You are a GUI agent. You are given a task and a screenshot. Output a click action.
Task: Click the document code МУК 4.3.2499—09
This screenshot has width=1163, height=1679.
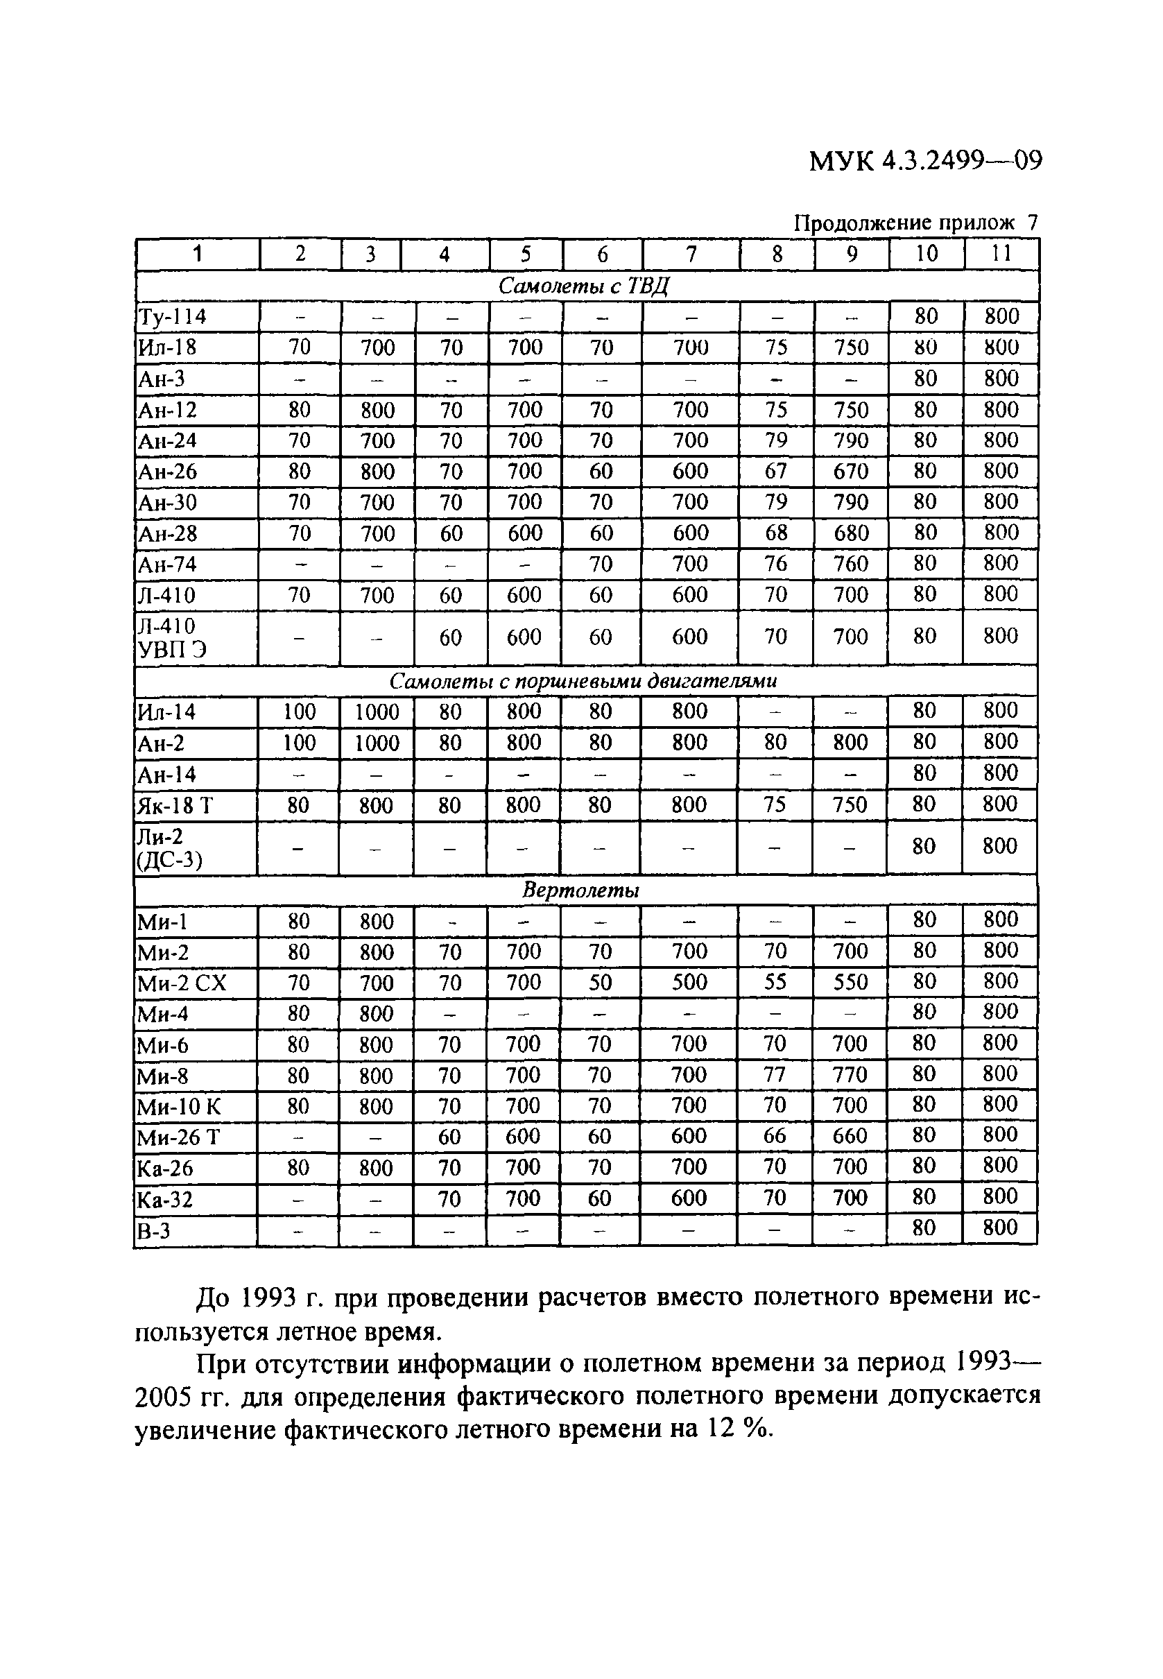pyautogui.click(x=924, y=160)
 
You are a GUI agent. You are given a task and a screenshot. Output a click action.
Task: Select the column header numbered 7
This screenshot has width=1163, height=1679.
pyautogui.click(x=691, y=255)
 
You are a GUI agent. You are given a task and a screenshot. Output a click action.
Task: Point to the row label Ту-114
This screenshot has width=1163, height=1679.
pyautogui.click(x=172, y=317)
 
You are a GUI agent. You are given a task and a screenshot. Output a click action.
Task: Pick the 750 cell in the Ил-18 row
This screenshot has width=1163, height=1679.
pyautogui.click(x=851, y=347)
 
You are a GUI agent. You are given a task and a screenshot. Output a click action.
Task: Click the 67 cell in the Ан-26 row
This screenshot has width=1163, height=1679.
pyautogui.click(x=775, y=472)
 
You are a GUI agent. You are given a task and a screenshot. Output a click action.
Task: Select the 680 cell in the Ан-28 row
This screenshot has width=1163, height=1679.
pyautogui.click(x=850, y=533)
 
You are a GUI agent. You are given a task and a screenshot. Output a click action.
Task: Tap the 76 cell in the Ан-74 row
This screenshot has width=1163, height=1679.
pyautogui.click(x=775, y=565)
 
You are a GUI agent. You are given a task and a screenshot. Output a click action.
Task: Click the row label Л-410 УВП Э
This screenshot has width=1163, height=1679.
pyautogui.click(x=172, y=637)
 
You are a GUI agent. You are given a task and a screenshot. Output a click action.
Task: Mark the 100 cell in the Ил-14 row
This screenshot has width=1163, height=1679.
pyautogui.click(x=299, y=712)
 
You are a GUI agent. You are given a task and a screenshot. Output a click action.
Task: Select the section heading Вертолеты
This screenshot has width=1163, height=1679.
pyautogui.click(x=580, y=890)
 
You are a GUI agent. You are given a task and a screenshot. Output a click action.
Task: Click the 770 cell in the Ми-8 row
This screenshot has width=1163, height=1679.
pyautogui.click(x=850, y=1075)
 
